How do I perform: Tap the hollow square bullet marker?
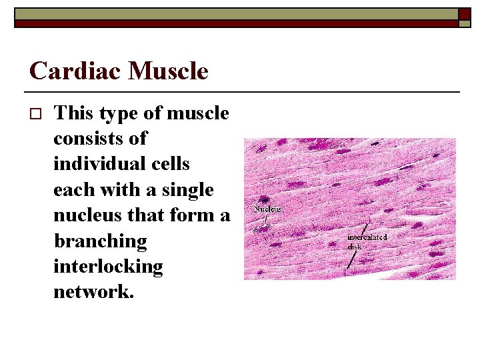pyautogui.click(x=35, y=114)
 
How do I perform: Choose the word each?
pyautogui.click(x=75, y=189)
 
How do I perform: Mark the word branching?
pyautogui.click(x=99, y=241)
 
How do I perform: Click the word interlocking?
pyautogui.click(x=108, y=266)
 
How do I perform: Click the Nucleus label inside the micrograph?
pyautogui.click(x=267, y=209)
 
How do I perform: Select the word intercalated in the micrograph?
pyautogui.click(x=367, y=237)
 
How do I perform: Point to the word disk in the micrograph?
pyautogui.click(x=355, y=245)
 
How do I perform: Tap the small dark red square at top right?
pyautogui.click(x=465, y=13)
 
